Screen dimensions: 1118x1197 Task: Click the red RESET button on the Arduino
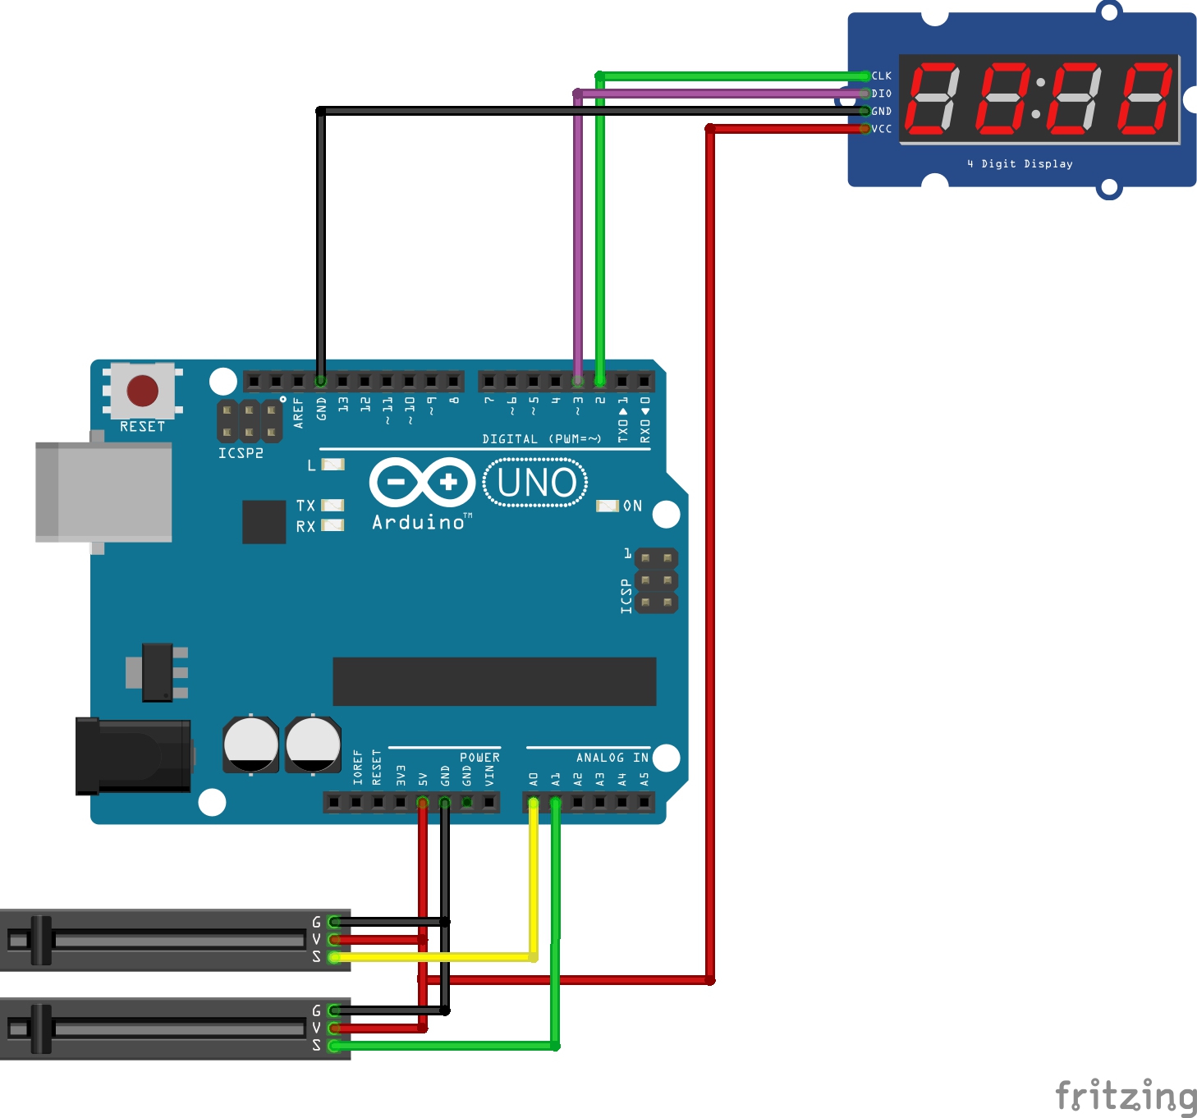(143, 391)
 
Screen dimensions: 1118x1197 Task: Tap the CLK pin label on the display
(882, 76)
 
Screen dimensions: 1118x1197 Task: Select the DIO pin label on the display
(882, 94)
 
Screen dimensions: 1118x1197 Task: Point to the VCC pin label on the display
(882, 129)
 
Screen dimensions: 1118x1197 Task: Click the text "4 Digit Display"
(1020, 164)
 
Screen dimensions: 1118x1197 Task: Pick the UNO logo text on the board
(536, 483)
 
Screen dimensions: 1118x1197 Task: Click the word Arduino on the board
(419, 522)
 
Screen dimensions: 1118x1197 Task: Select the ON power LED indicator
(608, 506)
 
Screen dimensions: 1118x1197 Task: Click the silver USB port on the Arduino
(103, 492)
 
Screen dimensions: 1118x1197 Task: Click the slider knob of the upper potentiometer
(41, 940)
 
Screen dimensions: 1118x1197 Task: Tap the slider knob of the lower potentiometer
(41, 1029)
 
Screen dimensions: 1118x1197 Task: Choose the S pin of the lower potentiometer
(333, 1046)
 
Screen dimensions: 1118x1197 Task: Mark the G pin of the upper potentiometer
(333, 922)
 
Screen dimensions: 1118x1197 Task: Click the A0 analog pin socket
(534, 802)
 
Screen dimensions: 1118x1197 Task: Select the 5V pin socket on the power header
(423, 802)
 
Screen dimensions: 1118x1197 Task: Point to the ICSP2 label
(241, 453)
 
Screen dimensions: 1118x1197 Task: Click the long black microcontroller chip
(494, 681)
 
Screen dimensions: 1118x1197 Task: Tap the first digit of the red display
(932, 99)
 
